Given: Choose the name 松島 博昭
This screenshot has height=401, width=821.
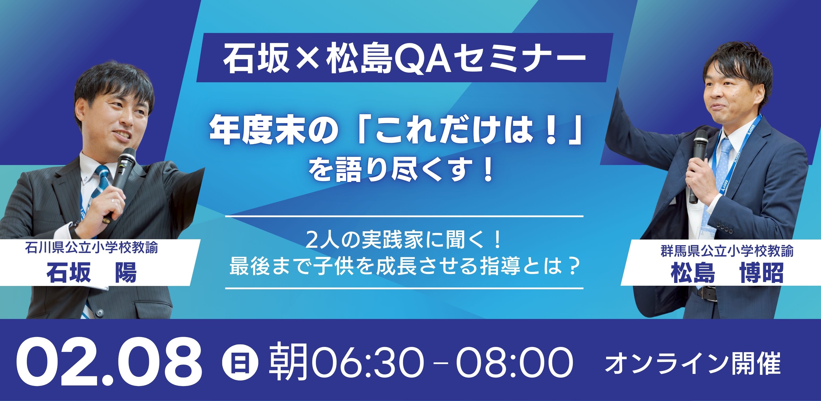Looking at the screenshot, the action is tap(727, 273).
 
